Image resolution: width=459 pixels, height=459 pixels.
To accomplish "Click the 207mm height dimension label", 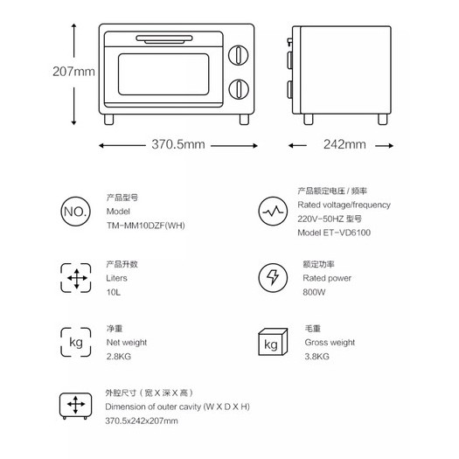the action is (x=73, y=72).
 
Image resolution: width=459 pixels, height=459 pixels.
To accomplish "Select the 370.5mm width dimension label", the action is (x=178, y=144).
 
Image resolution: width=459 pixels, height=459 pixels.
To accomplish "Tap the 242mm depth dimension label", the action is (x=344, y=144).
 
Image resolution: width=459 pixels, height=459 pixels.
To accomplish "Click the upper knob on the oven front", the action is (x=239, y=55).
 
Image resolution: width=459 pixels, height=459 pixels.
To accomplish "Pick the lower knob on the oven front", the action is (x=239, y=89).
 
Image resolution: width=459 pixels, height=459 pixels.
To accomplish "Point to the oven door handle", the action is (x=164, y=39).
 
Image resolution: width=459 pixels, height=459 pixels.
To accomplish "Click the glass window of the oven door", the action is (x=163, y=74).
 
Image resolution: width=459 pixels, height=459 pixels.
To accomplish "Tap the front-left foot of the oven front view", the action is (x=109, y=120).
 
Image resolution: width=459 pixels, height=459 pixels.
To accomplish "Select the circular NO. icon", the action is (x=75, y=211).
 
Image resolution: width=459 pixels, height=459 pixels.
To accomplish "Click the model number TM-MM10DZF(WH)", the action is (x=145, y=226).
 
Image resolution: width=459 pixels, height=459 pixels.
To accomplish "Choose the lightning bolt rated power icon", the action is (x=273, y=278).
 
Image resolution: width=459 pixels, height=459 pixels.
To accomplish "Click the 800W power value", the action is (x=314, y=292).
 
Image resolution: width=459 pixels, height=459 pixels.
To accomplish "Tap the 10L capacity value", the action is (x=114, y=292).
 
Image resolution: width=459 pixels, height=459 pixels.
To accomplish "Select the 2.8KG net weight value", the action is (x=119, y=356).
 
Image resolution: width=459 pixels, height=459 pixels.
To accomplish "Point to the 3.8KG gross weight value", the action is (x=316, y=356).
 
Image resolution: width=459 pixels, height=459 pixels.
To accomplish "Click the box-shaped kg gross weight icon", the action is (x=273, y=342).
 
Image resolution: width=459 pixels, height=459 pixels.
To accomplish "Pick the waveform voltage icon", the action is (x=273, y=211).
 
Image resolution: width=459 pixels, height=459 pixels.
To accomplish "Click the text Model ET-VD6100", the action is (x=334, y=233).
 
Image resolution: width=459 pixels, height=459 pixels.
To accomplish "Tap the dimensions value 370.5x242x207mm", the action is (x=142, y=421).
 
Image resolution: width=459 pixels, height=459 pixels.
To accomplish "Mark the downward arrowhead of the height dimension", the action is (x=73, y=122).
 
